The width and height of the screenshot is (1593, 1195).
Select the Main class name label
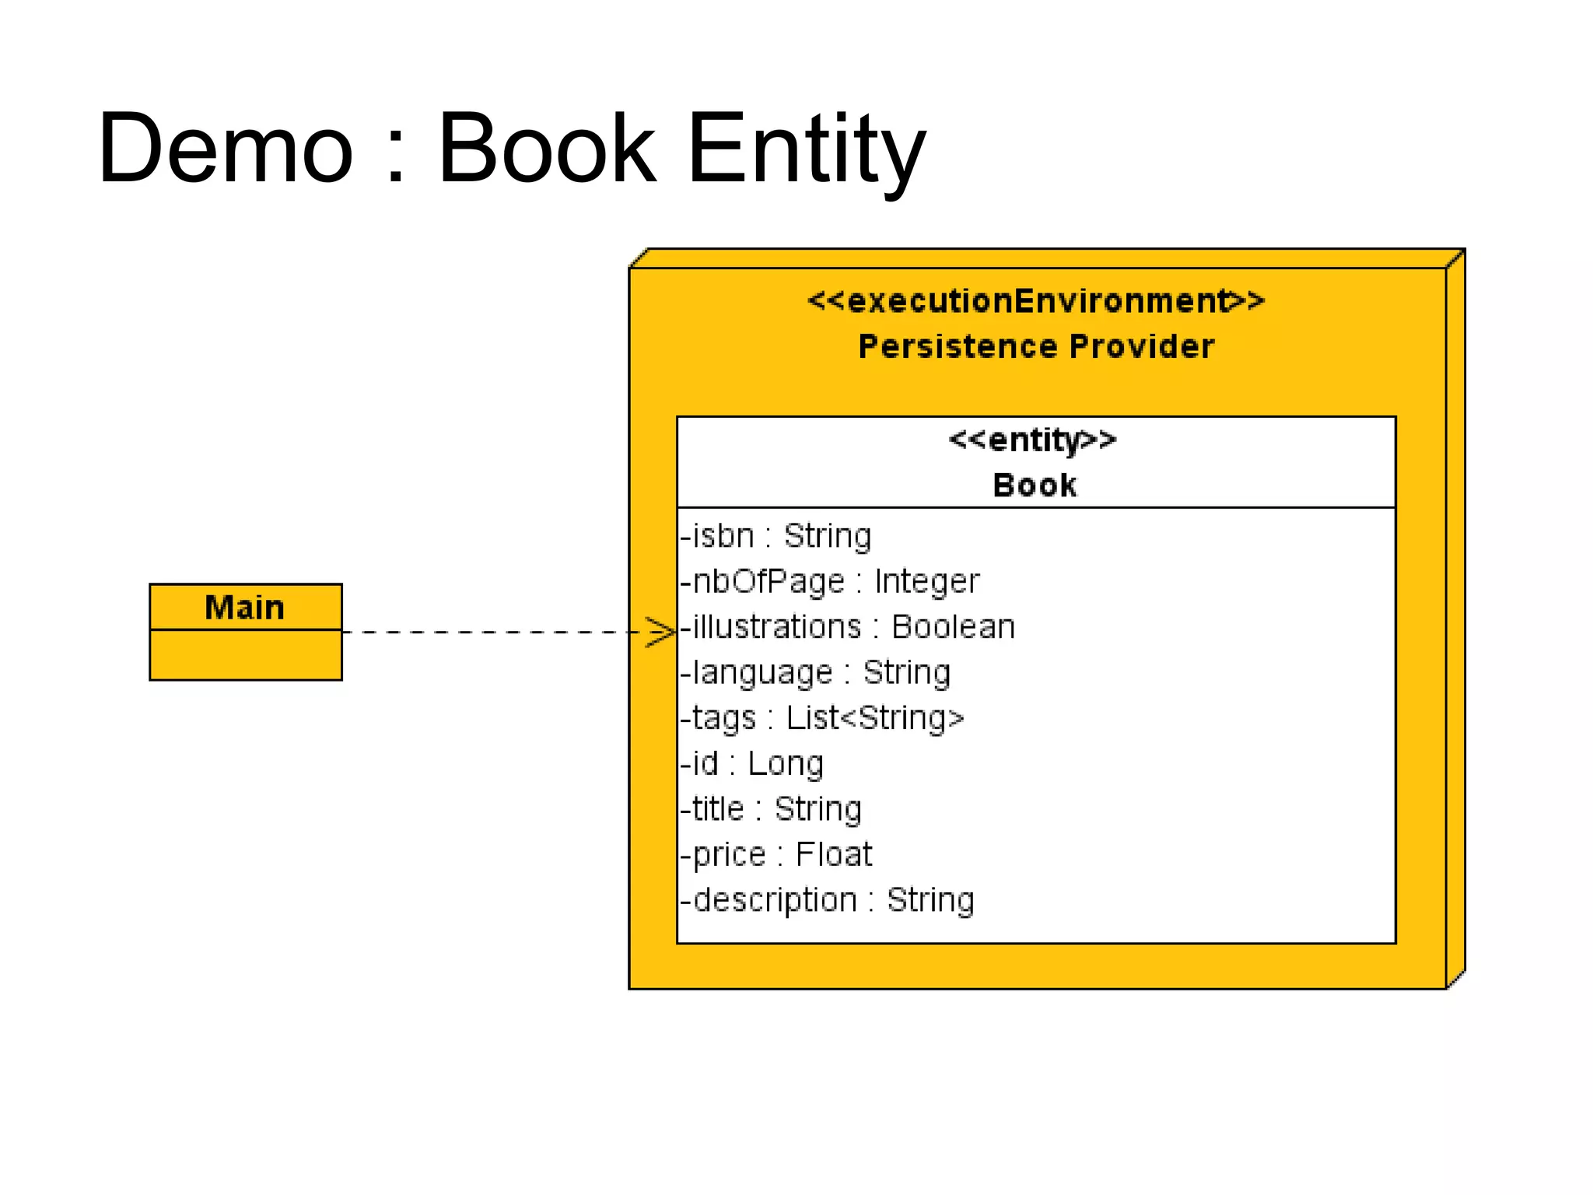click(x=245, y=608)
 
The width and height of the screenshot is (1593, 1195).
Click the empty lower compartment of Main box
click(x=245, y=655)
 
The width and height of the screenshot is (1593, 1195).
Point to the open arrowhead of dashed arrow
click(x=663, y=632)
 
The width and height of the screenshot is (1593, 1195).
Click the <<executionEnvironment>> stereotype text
click(x=1036, y=301)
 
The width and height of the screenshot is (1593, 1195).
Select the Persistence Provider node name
click(x=1036, y=346)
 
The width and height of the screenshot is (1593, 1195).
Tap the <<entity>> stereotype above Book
click(x=1033, y=440)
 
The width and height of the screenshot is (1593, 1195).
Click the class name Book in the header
click(x=1035, y=485)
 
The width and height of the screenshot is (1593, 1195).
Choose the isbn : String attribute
click(x=776, y=536)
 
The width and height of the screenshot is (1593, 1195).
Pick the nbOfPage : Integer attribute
click(x=830, y=582)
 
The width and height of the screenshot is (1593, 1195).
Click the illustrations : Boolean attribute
click(x=848, y=627)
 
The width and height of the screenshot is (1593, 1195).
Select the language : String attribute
click(x=816, y=673)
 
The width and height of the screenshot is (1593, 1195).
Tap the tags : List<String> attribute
click(x=822, y=718)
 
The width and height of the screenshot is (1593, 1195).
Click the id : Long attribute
click(x=752, y=764)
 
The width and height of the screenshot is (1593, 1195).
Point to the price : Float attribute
click(x=776, y=855)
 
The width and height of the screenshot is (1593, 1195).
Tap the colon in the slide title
click(x=396, y=156)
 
